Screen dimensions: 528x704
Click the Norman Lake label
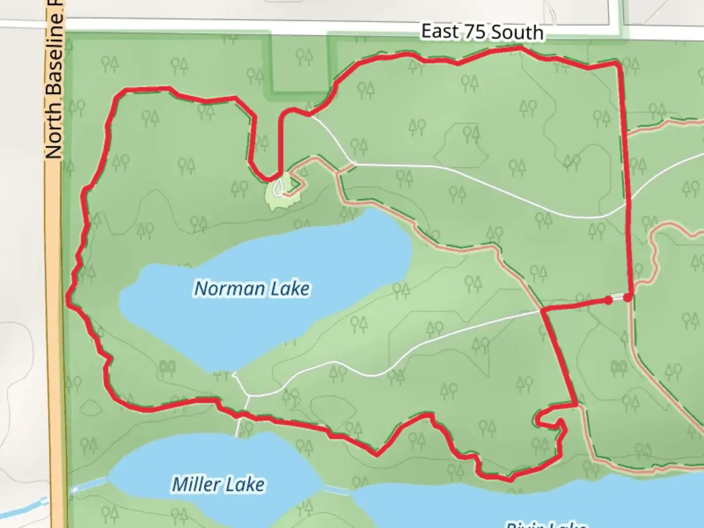[252, 288]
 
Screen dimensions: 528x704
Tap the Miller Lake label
[218, 484]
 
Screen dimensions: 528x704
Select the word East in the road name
[440, 31]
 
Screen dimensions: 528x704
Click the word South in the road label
[517, 33]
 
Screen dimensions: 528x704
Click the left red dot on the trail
[608, 300]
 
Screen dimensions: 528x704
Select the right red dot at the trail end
[628, 297]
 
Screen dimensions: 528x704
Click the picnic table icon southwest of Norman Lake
[167, 367]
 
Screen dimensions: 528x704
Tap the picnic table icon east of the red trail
[618, 366]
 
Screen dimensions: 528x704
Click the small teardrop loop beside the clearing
[278, 186]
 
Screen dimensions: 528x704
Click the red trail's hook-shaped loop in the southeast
[550, 420]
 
